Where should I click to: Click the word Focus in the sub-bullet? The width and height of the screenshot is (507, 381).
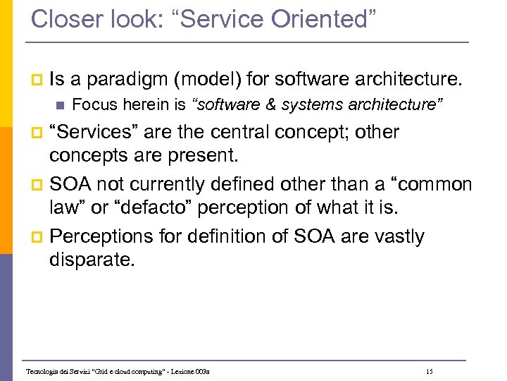(x=88, y=105)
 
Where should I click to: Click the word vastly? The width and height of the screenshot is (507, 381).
(x=399, y=236)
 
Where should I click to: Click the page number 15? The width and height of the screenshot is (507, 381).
(x=429, y=371)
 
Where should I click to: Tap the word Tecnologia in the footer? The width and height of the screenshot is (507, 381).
(x=43, y=371)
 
